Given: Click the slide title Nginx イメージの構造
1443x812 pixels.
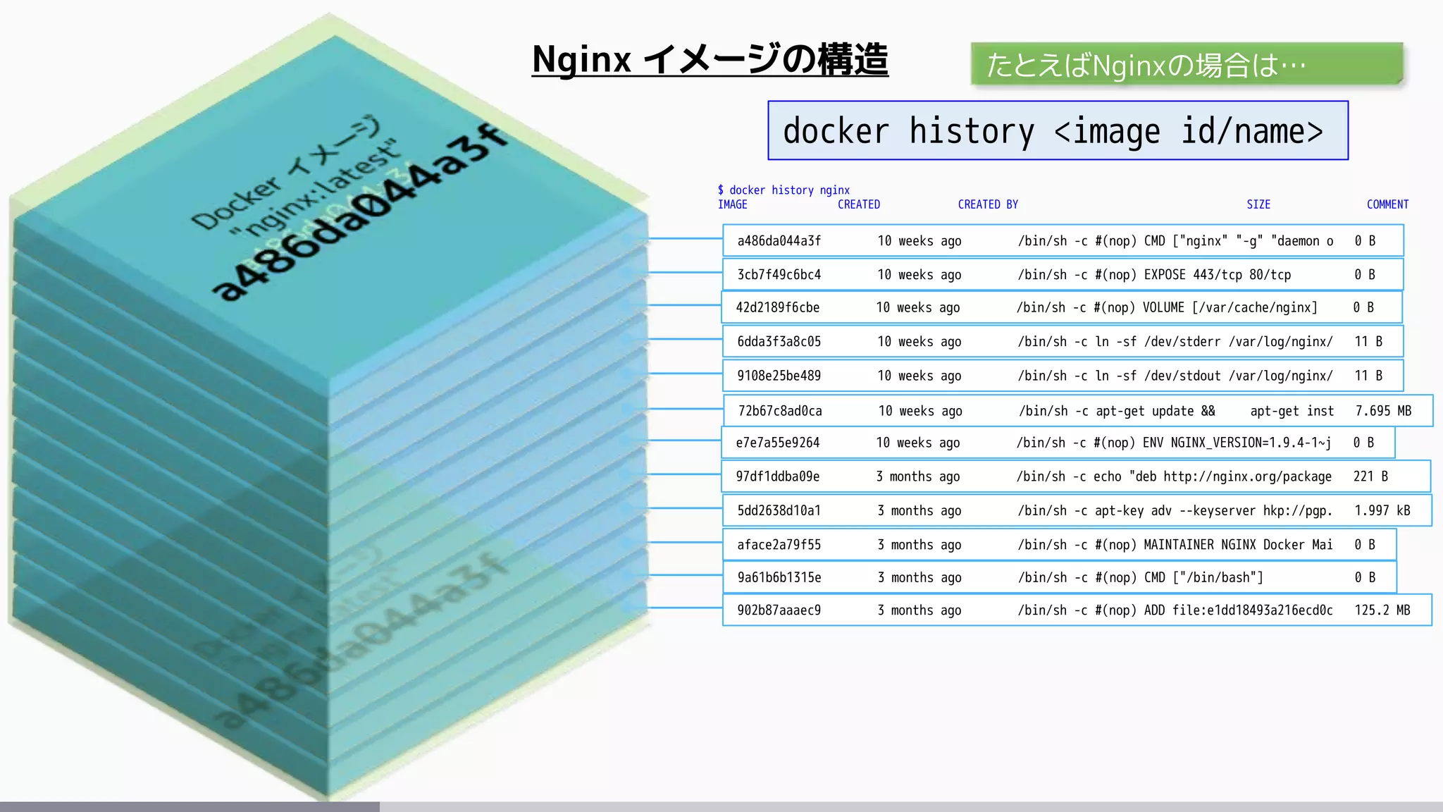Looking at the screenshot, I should pyautogui.click(x=710, y=59).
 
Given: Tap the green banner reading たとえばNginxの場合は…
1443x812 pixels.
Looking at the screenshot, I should pyautogui.click(x=1186, y=65).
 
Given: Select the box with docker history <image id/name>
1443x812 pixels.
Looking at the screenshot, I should pyautogui.click(x=1058, y=131).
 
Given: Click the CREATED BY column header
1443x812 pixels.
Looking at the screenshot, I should pyautogui.click(x=988, y=204).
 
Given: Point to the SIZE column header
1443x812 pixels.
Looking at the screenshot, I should pyautogui.click(x=1258, y=204).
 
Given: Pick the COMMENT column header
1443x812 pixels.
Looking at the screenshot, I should pyautogui.click(x=1387, y=204).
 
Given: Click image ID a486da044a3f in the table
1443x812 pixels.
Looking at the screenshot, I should pyautogui.click(x=779, y=241).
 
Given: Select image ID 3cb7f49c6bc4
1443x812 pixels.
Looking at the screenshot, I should pyautogui.click(x=779, y=275).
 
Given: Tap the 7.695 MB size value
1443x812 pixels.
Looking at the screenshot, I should pyautogui.click(x=1383, y=411).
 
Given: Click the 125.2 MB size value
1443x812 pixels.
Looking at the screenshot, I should pyautogui.click(x=1382, y=610).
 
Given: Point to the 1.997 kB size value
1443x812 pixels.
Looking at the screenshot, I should pyautogui.click(x=1382, y=511).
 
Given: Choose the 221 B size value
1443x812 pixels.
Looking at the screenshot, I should pyautogui.click(x=1370, y=476).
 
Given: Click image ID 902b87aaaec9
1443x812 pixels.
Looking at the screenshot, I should pyautogui.click(x=779, y=610).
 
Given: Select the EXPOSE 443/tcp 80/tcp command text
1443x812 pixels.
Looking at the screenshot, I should pyautogui.click(x=1218, y=275).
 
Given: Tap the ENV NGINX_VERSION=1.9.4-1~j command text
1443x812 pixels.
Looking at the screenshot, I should pyautogui.click(x=1237, y=443).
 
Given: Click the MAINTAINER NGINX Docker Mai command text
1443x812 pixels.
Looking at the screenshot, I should pyautogui.click(x=1238, y=545).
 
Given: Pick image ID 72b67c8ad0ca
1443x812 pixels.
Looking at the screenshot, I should pyautogui.click(x=780, y=411).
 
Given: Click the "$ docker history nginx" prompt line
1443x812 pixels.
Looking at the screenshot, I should pyautogui.click(x=784, y=190).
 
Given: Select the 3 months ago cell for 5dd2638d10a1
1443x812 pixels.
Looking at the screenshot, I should pyautogui.click(x=919, y=511).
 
